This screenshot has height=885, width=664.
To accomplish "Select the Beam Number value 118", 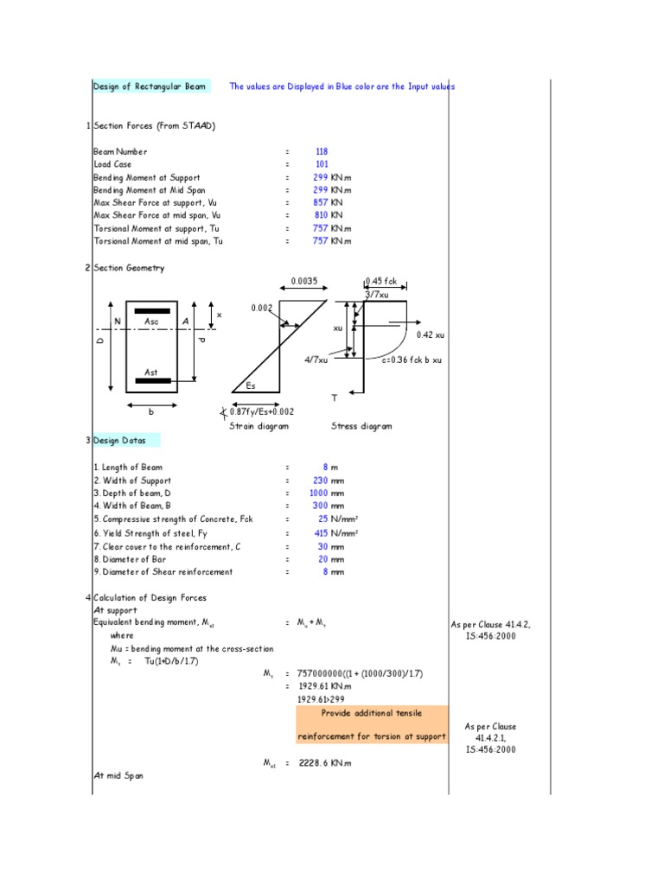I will tap(322, 151).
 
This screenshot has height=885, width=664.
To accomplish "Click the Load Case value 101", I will tap(322, 164).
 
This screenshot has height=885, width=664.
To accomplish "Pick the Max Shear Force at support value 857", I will tap(320, 203).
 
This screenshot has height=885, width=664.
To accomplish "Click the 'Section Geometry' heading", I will tap(129, 268).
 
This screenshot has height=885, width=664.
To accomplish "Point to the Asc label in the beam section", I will tap(151, 322).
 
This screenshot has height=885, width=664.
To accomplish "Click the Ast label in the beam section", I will tap(151, 372).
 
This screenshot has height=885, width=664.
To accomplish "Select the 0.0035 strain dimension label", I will tap(304, 281).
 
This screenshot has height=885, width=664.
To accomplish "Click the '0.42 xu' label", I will tap(430, 334).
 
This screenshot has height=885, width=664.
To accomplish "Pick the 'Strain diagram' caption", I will tap(259, 426).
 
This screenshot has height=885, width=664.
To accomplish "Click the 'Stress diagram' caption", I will tap(361, 426).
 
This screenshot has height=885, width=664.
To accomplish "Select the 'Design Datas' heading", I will tap(120, 440).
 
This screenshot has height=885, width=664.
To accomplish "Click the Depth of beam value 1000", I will tap(319, 493).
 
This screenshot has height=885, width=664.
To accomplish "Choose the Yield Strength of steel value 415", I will tap(321, 533).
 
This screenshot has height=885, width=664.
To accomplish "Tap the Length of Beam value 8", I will tap(325, 467).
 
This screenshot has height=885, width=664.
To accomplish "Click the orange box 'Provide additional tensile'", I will tap(372, 713).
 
